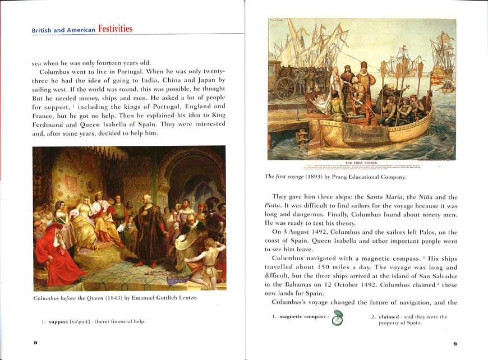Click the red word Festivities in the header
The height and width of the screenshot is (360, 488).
[x=116, y=28]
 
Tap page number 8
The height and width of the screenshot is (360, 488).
[x=35, y=343]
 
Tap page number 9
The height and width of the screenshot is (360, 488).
[x=455, y=343]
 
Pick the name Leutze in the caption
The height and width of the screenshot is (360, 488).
[x=186, y=297]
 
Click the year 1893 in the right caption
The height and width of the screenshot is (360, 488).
[x=311, y=177]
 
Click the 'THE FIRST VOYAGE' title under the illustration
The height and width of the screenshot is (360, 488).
[x=362, y=162]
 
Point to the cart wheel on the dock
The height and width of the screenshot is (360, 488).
[x=285, y=87]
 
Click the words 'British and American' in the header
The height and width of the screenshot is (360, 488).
[x=63, y=30]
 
